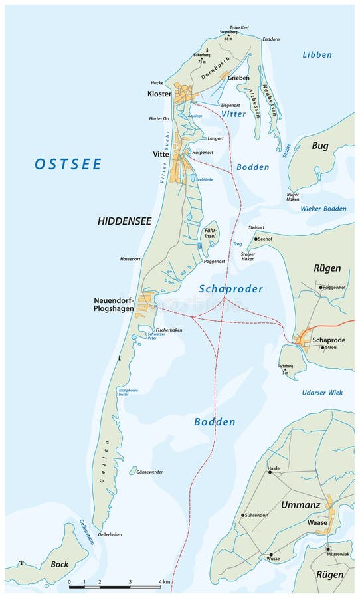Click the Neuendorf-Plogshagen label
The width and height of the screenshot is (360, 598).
(x=114, y=304)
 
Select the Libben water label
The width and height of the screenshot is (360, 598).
(x=316, y=54)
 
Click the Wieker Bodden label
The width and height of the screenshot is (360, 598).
(x=323, y=209)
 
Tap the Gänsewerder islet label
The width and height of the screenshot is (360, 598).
(x=149, y=472)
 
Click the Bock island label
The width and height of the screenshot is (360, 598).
(x=60, y=564)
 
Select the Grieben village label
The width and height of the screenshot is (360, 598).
(x=238, y=78)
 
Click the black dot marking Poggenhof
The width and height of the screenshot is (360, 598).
(x=320, y=288)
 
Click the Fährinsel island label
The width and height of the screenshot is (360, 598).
(x=211, y=233)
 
